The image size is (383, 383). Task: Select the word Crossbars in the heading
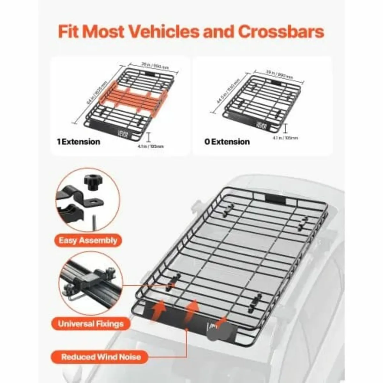[281, 32]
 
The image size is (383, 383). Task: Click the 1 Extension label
[79, 141]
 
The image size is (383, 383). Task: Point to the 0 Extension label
[227, 141]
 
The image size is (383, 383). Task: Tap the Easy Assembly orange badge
[88, 240]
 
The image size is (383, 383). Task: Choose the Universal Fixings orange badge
[91, 324]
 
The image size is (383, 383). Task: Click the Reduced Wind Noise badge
[101, 356]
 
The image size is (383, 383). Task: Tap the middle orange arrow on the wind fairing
[193, 307]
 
